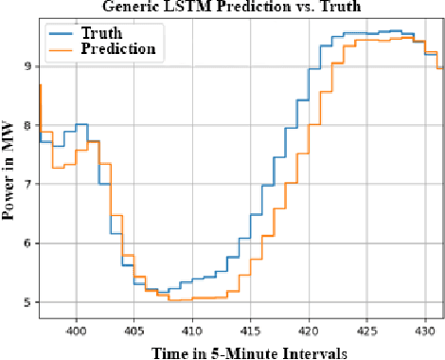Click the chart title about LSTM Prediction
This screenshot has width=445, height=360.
[x=234, y=7]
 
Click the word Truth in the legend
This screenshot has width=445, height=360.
[x=107, y=30]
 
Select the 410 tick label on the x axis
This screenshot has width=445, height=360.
[x=191, y=332]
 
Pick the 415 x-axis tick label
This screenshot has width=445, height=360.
[x=250, y=332]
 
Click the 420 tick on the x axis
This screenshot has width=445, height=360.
[x=308, y=332]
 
